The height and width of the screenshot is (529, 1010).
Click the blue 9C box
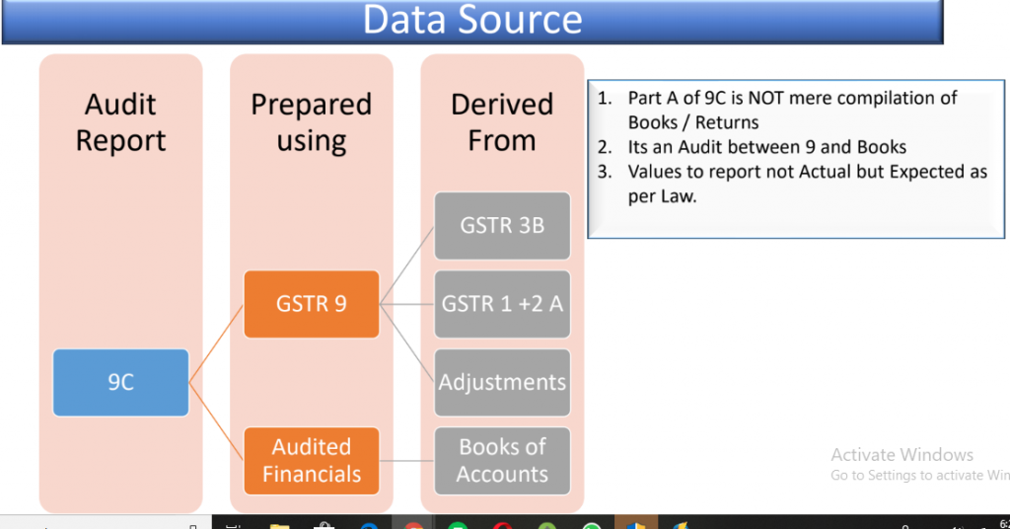click(x=120, y=383)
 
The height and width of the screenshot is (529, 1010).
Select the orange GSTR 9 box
click(x=311, y=304)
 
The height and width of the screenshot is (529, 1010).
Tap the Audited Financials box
click(x=311, y=461)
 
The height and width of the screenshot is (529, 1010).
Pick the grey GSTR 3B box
click(x=502, y=226)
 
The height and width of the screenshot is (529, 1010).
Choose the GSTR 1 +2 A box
click(x=502, y=304)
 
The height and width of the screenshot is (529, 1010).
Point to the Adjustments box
click(x=502, y=383)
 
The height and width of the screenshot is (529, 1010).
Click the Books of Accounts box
click(x=502, y=461)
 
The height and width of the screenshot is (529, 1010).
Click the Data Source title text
click(x=472, y=20)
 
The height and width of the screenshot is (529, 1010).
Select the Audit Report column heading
click(x=120, y=122)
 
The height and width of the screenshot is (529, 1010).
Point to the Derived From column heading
click(x=502, y=122)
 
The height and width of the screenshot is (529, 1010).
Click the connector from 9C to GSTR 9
click(x=216, y=343)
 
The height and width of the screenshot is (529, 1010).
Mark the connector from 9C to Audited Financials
click(x=216, y=421)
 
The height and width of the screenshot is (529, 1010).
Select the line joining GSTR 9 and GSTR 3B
click(x=406, y=264)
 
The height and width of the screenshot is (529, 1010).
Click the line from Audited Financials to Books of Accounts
click(x=406, y=461)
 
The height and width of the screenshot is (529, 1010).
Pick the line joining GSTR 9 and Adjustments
click(x=406, y=343)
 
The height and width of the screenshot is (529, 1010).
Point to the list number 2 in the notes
click(x=605, y=148)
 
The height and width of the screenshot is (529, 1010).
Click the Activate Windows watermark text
click(x=902, y=455)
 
